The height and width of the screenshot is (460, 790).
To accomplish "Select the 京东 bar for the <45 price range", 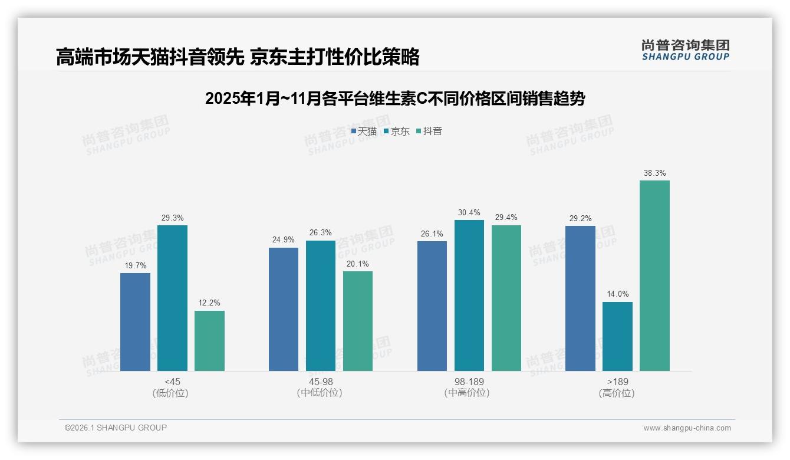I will click(x=172, y=298).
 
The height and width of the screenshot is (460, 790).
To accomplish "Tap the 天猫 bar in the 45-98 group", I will click(x=284, y=309).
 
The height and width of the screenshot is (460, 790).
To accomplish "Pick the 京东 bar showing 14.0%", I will click(x=617, y=336).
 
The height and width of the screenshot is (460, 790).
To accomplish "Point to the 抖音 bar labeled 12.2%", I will click(x=209, y=340).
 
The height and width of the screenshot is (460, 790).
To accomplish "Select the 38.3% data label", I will click(x=655, y=173).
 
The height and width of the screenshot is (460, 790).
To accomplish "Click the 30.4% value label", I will click(x=469, y=213).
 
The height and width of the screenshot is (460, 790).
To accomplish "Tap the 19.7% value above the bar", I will click(x=135, y=266).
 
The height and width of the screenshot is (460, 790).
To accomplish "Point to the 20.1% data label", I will click(x=358, y=264).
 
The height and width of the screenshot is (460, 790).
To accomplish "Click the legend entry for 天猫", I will click(x=364, y=132).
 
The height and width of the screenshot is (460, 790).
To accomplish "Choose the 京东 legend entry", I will click(x=396, y=132).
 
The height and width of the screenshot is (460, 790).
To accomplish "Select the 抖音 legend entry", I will click(x=429, y=132).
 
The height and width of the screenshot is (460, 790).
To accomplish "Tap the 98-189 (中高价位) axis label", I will click(x=469, y=387).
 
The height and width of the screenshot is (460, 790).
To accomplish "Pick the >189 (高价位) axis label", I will click(x=617, y=387).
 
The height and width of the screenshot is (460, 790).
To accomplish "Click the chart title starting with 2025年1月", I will click(x=395, y=98).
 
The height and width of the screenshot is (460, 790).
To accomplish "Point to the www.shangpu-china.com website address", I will click(x=687, y=428).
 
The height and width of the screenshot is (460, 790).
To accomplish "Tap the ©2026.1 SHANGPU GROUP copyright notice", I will click(x=116, y=428).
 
